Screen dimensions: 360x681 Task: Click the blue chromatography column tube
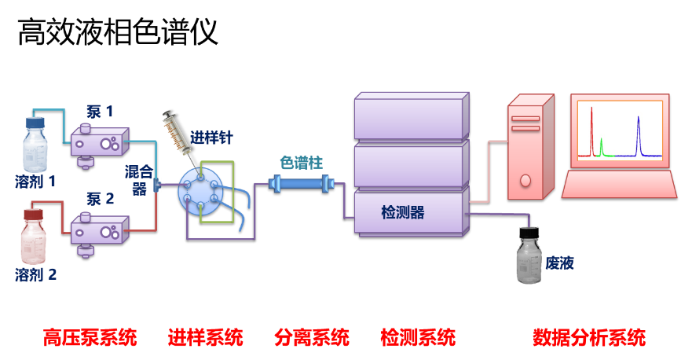(x=302, y=183)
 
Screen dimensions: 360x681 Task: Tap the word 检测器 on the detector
(x=402, y=212)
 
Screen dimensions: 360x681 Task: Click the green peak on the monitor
(x=602, y=147)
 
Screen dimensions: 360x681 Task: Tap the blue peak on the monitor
(x=638, y=136)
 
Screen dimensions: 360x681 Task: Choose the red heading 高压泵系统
(x=90, y=338)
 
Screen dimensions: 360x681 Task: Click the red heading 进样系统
(x=205, y=338)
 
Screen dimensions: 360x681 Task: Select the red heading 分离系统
(x=311, y=338)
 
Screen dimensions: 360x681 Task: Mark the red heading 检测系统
(x=417, y=338)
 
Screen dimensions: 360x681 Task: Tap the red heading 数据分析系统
(x=589, y=338)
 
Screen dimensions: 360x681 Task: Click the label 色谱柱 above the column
(x=301, y=163)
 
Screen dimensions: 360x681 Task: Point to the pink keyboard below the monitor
(x=619, y=185)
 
